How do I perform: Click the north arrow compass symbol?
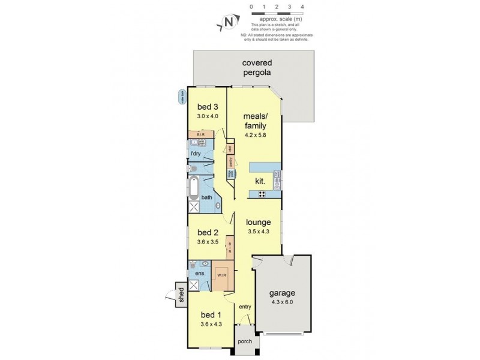[227, 22]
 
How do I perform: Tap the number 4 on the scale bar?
[302, 7]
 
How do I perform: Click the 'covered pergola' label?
[257, 67]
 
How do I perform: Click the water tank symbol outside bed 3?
[182, 97]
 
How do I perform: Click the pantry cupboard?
[230, 161]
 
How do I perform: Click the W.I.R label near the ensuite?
[222, 277]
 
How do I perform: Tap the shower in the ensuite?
[194, 284]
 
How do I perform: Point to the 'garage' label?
[281, 293]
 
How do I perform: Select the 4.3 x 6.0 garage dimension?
[281, 302]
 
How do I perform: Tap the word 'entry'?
[245, 307]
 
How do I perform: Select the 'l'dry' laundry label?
[195, 154]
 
